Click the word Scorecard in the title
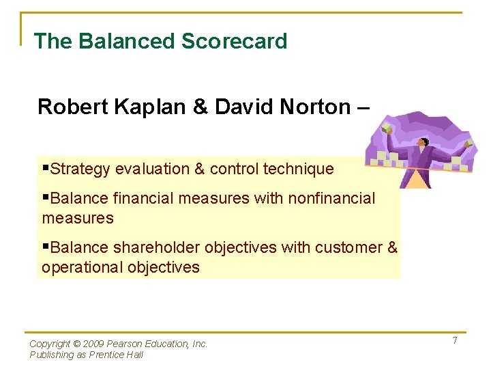[234, 41]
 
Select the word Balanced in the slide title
[127, 41]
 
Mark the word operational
[79, 267]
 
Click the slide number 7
[454, 340]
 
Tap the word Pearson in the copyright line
[126, 344]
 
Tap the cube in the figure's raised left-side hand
[387, 129]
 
